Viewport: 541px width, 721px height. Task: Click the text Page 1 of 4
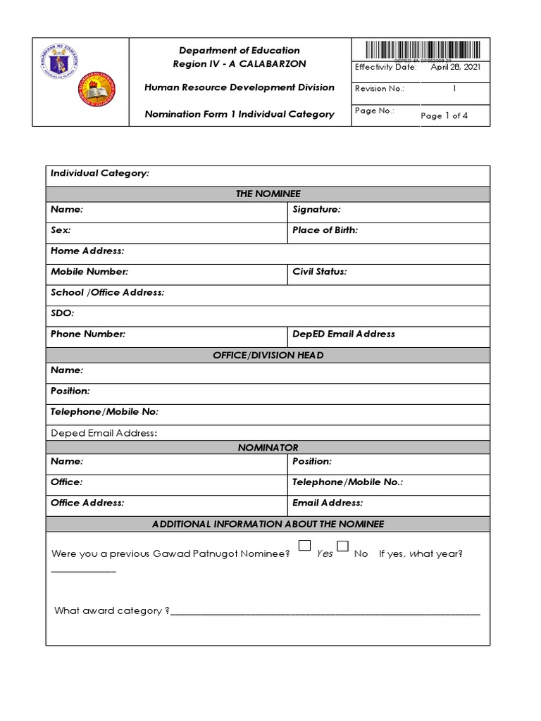(x=444, y=116)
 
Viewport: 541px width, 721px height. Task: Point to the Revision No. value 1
(x=454, y=89)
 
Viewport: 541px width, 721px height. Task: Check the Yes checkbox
(x=305, y=545)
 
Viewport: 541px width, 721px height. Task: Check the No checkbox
(x=343, y=545)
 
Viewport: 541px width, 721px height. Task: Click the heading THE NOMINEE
(x=268, y=194)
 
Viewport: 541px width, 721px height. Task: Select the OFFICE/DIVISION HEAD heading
(x=268, y=356)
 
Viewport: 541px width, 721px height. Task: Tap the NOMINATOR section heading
(x=268, y=448)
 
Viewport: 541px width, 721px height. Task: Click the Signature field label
(x=316, y=210)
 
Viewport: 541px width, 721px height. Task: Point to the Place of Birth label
(x=325, y=230)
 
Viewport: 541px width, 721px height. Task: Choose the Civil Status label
(x=319, y=272)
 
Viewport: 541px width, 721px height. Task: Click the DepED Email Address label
(x=343, y=334)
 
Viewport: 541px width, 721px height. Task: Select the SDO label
(x=62, y=313)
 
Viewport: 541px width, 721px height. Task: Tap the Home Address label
(x=87, y=251)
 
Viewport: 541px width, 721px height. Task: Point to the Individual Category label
(x=99, y=173)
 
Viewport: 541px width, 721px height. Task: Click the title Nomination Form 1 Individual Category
(x=239, y=114)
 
